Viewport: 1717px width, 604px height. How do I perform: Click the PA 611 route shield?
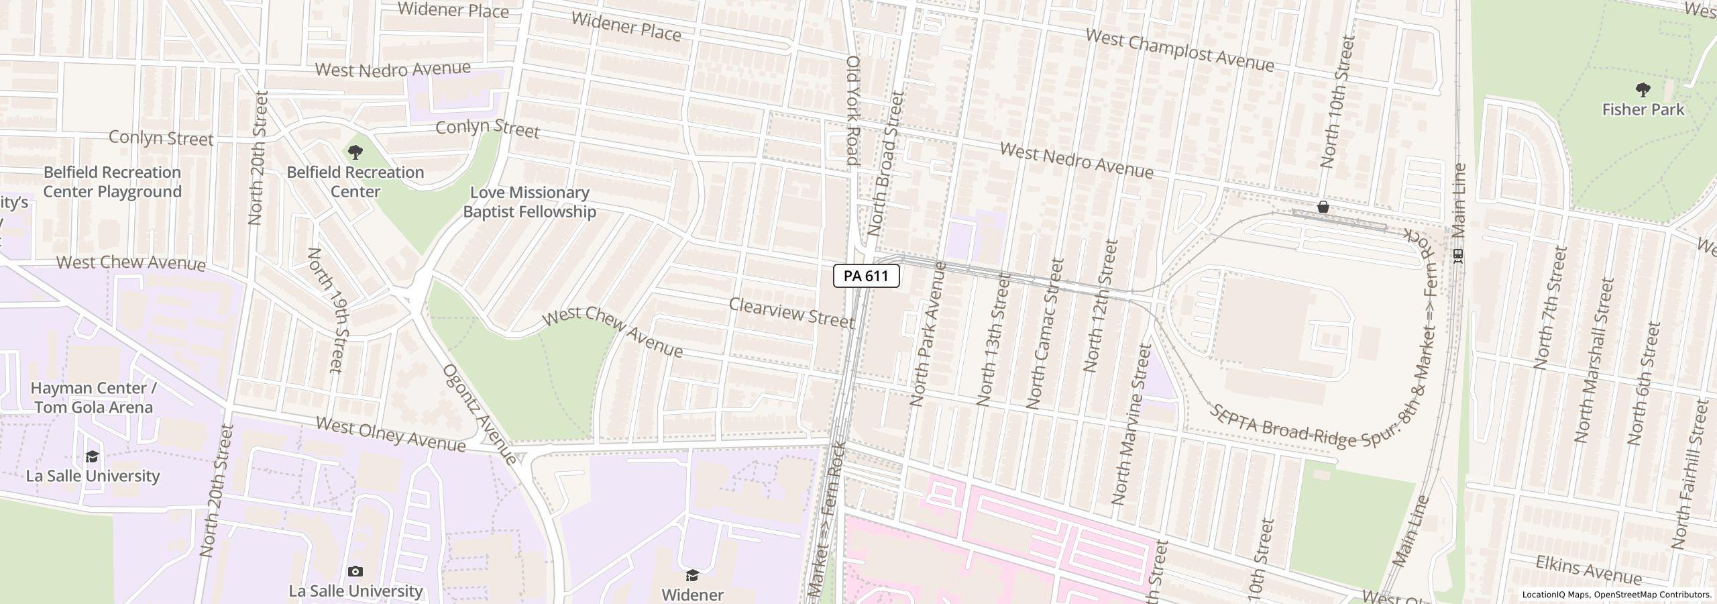(866, 276)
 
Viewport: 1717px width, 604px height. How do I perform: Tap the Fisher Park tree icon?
(1643, 90)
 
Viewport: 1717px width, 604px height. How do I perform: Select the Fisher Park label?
(1643, 109)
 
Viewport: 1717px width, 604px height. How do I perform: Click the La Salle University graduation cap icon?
(92, 457)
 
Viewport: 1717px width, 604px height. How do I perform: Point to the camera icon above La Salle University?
(355, 572)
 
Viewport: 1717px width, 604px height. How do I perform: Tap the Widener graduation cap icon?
(692, 576)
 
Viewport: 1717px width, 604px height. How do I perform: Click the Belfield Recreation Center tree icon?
(355, 153)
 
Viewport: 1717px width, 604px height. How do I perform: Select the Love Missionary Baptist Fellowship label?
(529, 202)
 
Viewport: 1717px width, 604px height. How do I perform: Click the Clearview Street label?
(791, 313)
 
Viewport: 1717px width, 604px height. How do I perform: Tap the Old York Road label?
(852, 111)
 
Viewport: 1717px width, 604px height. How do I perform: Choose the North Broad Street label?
(885, 163)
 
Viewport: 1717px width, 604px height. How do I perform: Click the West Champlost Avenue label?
(1179, 50)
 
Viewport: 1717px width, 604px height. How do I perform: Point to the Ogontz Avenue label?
(480, 415)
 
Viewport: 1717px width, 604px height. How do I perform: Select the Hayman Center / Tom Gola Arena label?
(93, 397)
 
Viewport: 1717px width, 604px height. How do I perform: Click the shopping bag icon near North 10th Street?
(1323, 207)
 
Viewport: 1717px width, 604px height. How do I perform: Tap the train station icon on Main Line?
(1457, 256)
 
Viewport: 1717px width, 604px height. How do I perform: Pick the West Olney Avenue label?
(390, 434)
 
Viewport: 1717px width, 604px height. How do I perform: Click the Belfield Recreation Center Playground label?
(113, 182)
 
